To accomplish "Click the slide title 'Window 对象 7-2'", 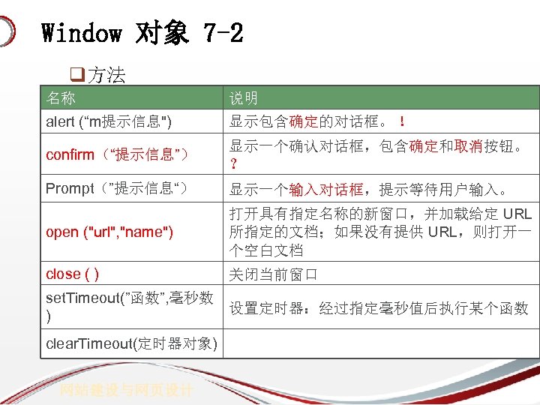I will click(x=142, y=33).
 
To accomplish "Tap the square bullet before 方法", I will click(x=75, y=75).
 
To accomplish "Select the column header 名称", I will click(x=61, y=98).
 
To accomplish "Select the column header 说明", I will click(x=244, y=98).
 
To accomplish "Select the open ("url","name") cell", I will click(x=109, y=232).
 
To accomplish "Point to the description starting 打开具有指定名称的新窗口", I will click(x=379, y=232).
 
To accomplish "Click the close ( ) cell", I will click(x=72, y=274).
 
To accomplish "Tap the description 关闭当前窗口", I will click(x=274, y=274).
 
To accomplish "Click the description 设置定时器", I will click(x=379, y=308).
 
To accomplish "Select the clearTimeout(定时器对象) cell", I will click(x=132, y=344).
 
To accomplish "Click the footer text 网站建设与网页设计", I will click(x=127, y=390).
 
